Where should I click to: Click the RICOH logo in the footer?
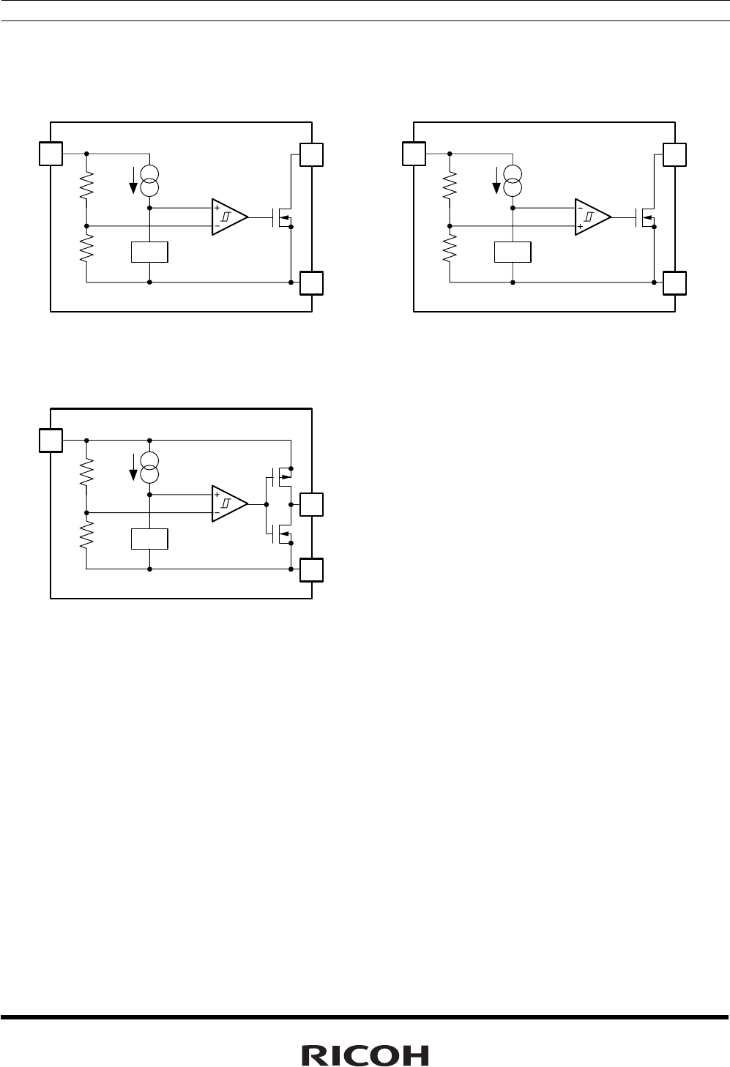pos(365,1055)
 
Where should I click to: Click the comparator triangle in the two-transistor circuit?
pos(229,503)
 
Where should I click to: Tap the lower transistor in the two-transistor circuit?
pos(280,534)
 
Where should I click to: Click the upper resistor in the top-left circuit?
pos(86,187)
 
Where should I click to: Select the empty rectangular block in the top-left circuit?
pos(149,252)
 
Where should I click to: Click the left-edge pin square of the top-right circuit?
pos(414,154)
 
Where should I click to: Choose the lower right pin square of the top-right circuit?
pos(674,282)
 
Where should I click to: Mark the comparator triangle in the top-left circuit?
pos(229,217)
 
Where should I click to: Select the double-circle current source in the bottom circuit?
pos(149,466)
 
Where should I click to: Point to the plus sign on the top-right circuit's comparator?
pos(580,227)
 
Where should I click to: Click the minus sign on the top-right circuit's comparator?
pos(580,208)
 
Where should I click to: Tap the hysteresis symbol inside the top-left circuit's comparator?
pos(227,217)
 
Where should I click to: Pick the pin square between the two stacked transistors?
pos(312,505)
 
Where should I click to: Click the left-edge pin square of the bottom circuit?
pos(51,441)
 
